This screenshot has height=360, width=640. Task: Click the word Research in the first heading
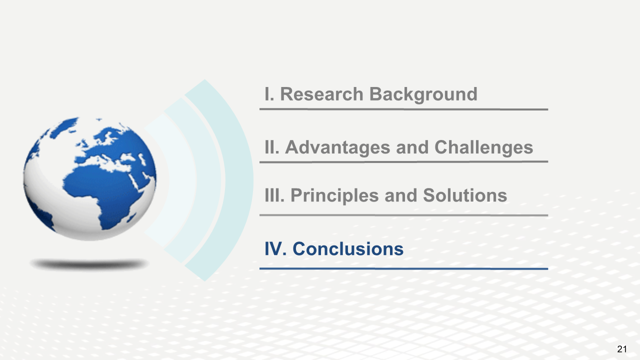click(x=321, y=94)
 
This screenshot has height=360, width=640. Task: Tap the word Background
click(x=423, y=94)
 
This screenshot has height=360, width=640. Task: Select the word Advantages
click(x=337, y=147)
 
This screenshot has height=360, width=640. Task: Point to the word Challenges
click(x=483, y=147)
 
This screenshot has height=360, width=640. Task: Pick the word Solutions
click(x=465, y=195)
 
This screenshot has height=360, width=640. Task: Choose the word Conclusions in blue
click(x=348, y=249)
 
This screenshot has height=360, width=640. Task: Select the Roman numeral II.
click(x=272, y=147)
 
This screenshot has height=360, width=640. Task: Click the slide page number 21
click(x=622, y=349)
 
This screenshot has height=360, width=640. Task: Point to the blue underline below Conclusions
click(x=403, y=269)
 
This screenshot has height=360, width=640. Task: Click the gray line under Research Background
click(x=403, y=109)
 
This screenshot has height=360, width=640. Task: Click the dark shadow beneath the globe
click(x=89, y=264)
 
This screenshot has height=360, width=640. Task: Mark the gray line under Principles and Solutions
click(x=403, y=215)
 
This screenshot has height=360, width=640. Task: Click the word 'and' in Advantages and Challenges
click(x=412, y=147)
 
